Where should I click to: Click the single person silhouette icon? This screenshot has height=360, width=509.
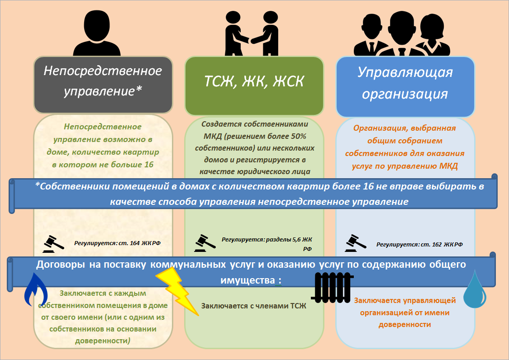97,33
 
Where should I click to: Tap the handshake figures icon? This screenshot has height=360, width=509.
252,33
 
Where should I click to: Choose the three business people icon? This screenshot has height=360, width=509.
402,34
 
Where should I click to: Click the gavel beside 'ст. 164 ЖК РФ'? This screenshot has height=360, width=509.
53,244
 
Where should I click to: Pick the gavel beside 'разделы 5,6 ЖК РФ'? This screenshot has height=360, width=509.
205,243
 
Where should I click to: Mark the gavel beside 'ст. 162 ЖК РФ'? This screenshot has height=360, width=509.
356,243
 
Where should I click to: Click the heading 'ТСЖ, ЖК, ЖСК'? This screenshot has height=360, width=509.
254,81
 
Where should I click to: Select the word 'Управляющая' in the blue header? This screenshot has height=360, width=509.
405,72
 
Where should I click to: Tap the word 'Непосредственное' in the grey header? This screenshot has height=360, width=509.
103,71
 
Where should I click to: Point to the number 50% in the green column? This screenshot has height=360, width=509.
299,136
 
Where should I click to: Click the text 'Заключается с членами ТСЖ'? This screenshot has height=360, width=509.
253,306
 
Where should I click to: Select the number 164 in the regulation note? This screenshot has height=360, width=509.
135,243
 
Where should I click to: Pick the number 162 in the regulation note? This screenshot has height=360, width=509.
437,244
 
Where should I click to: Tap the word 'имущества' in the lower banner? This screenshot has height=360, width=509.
247,280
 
